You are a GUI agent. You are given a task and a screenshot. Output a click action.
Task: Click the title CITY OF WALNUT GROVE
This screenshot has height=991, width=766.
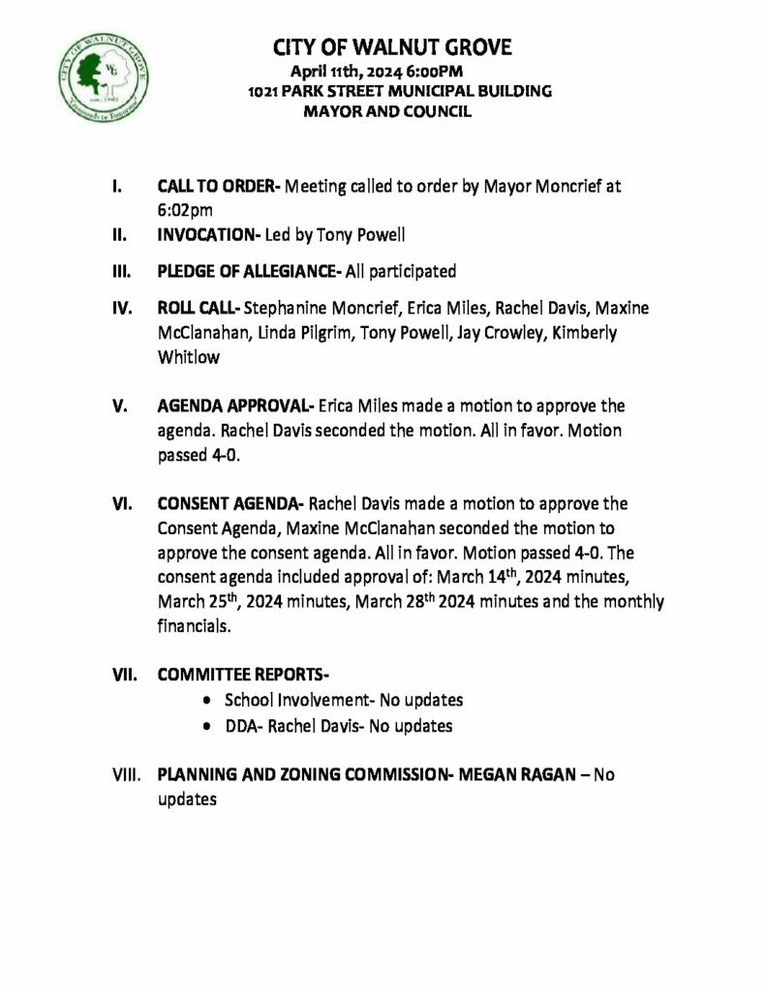coord(392,48)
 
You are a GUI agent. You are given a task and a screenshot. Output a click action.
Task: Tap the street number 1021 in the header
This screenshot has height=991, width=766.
coord(263,91)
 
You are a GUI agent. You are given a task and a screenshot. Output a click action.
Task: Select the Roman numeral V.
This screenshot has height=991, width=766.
coord(120,405)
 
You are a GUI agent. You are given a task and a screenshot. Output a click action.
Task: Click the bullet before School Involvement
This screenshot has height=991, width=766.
coord(210,700)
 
